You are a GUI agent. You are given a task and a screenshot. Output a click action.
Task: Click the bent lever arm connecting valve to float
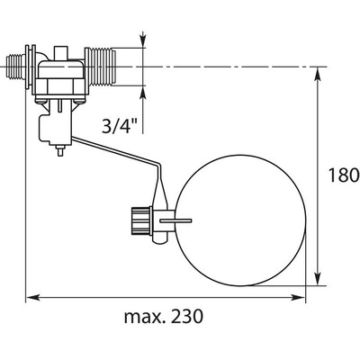(x=117, y=155)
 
